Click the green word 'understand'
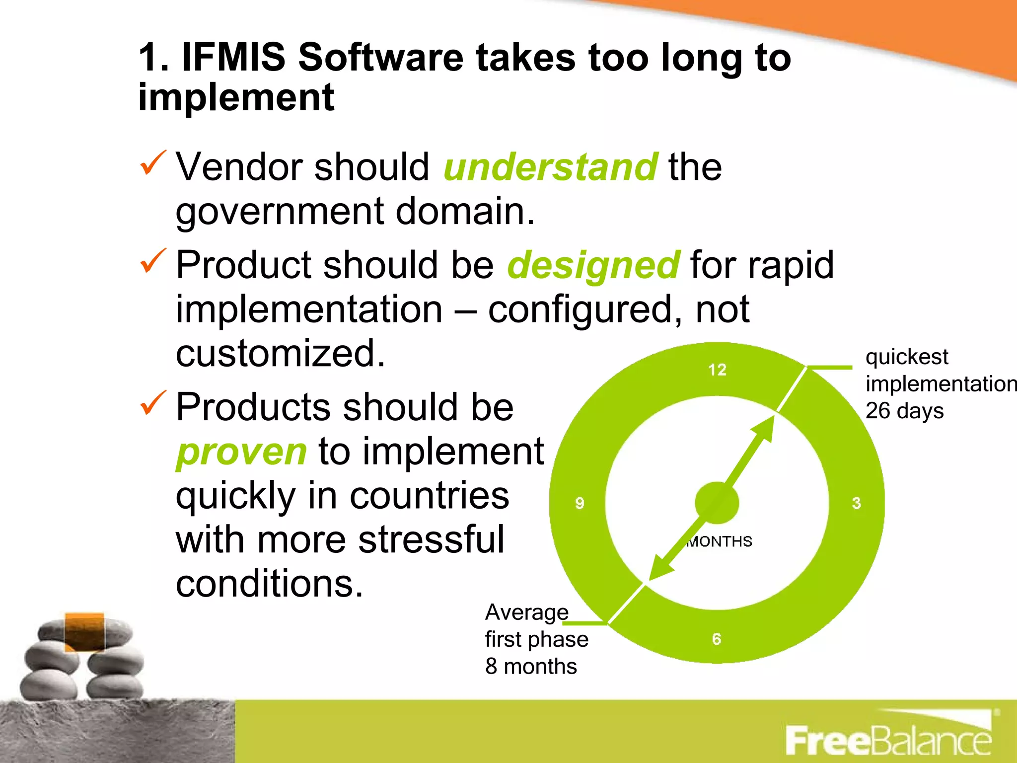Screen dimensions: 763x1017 point(550,167)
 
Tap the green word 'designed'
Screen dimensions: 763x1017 point(593,265)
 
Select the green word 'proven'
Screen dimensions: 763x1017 point(241,452)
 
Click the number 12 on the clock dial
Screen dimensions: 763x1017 point(717,370)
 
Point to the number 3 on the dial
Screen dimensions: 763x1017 point(857,503)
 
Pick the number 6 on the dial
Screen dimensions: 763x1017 point(717,639)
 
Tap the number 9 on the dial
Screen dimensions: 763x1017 point(580,503)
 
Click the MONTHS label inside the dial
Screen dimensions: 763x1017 point(720,541)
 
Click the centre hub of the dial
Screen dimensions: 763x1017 point(717,503)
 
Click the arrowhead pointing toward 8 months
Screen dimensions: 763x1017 point(659,570)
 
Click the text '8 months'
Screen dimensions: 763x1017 point(531,667)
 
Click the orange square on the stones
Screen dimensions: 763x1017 point(84,631)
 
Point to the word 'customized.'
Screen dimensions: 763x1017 point(281,353)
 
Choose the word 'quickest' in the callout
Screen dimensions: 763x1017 point(907,357)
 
